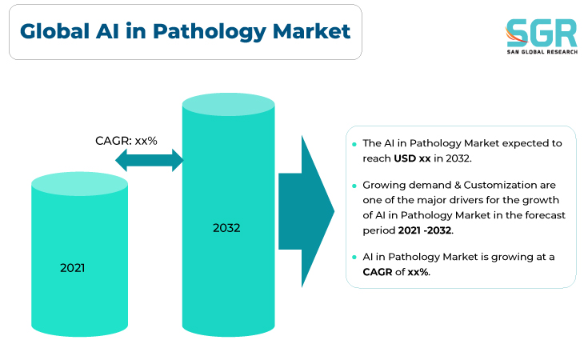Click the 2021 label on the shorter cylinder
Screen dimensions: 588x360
click(72, 268)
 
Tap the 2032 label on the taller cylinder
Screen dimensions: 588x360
click(226, 228)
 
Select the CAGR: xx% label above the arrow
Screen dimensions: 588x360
click(126, 141)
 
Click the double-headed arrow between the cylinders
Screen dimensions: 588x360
click(150, 160)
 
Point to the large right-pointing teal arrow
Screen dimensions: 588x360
click(306, 211)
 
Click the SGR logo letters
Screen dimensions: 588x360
click(542, 33)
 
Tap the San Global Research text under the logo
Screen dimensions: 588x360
click(542, 52)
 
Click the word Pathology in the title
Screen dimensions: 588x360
click(210, 32)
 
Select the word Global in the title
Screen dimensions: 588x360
click(54, 31)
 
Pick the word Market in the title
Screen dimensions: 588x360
click(312, 31)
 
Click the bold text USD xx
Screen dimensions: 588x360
click(412, 158)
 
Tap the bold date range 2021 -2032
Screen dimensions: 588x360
click(425, 230)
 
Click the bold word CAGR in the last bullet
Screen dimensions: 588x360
click(378, 272)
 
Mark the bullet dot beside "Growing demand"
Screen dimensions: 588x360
click(354, 186)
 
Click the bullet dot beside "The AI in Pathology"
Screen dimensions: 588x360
click(354, 144)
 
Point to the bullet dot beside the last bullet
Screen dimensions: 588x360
click(354, 258)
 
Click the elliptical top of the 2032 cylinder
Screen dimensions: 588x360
click(228, 104)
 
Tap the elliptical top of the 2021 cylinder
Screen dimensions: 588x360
click(79, 184)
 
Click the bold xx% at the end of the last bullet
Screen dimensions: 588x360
click(418, 272)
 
